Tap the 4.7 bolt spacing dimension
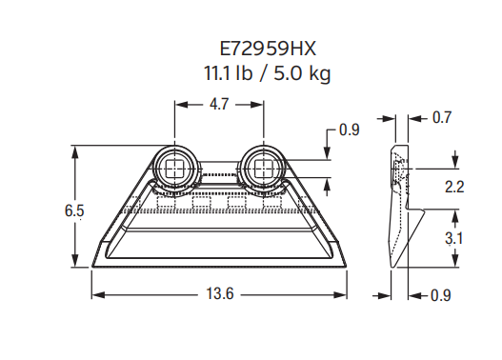[x=218, y=107]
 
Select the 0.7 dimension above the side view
[x=441, y=118]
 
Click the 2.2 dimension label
[x=454, y=187]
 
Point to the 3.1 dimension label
[x=454, y=239]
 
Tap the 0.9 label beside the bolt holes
[x=350, y=130]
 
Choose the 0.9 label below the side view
[x=440, y=295]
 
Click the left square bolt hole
[x=173, y=169]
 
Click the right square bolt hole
[x=262, y=169]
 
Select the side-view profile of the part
[x=400, y=205]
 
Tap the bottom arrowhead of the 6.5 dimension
[x=75, y=266]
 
